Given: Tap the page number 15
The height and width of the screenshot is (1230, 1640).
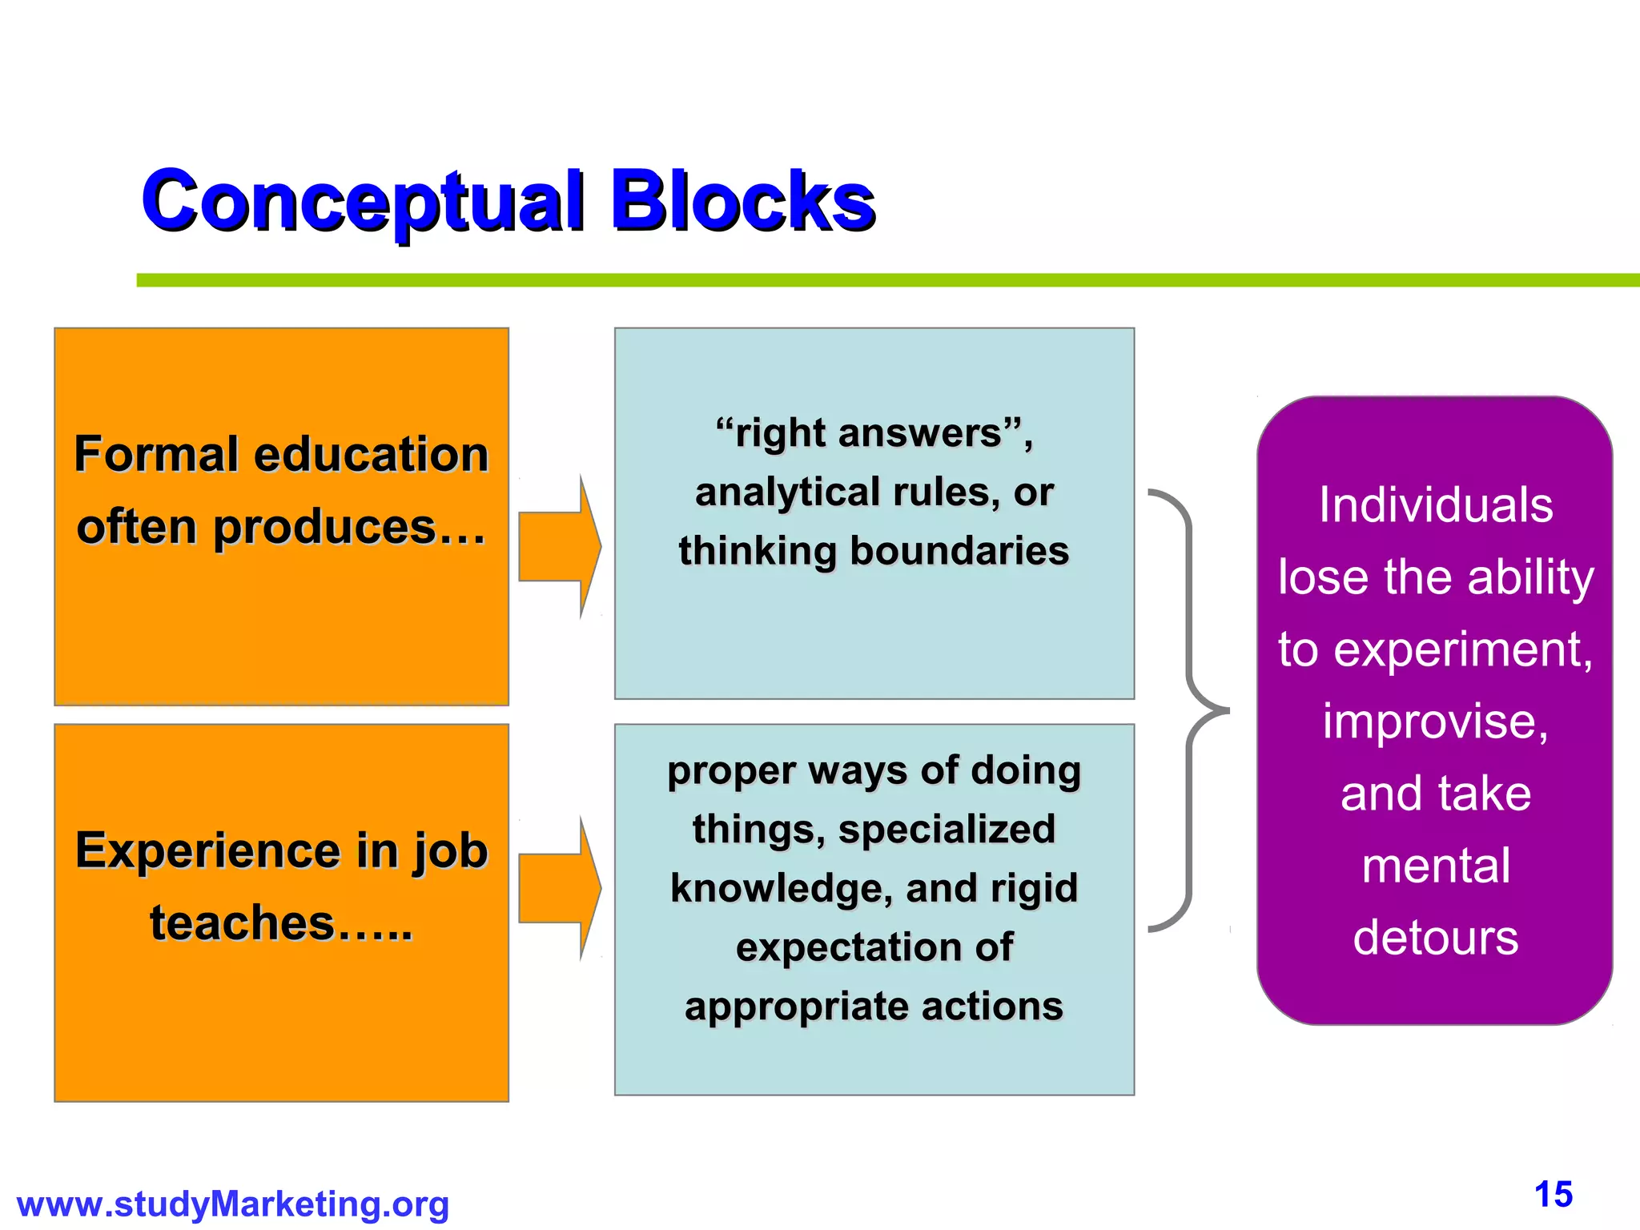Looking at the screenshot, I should pyautogui.click(x=1554, y=1195).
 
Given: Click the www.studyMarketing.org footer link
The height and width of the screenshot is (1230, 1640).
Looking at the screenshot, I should pyautogui.click(x=233, y=1204).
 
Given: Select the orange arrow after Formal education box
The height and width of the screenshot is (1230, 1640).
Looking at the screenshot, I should pyautogui.click(x=559, y=547).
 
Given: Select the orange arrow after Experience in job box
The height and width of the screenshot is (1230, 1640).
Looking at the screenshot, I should pyautogui.click(x=559, y=889).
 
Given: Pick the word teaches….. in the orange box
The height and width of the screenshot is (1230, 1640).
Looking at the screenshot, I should pyautogui.click(x=281, y=923).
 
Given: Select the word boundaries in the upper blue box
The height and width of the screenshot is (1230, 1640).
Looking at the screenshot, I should pyautogui.click(x=959, y=551).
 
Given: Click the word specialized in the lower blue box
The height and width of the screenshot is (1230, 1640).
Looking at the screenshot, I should pyautogui.click(x=947, y=830).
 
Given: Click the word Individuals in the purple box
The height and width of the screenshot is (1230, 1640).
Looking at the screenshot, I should pyautogui.click(x=1436, y=505).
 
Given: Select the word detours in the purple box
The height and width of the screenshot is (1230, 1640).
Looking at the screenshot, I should pyautogui.click(x=1435, y=938).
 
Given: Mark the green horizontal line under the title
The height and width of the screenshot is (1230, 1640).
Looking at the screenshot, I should pyautogui.click(x=881, y=280).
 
